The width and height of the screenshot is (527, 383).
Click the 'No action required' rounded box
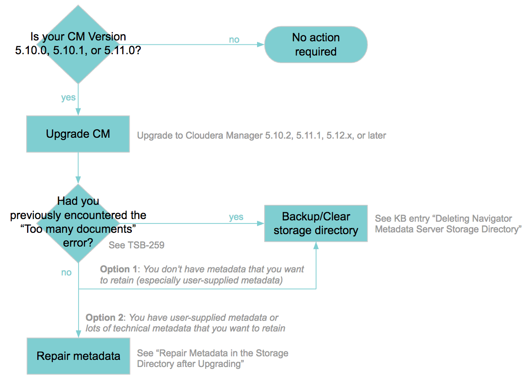(x=316, y=44)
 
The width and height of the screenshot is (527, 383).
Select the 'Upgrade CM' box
(x=78, y=134)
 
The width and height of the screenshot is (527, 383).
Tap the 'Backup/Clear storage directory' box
(x=316, y=223)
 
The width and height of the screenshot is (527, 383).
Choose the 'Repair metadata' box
(x=78, y=356)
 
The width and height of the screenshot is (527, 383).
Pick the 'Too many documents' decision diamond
(x=78, y=222)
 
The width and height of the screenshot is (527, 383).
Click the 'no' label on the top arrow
(x=234, y=40)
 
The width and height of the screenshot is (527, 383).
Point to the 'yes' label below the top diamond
(x=68, y=97)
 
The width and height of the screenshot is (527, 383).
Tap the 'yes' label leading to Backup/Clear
(x=236, y=217)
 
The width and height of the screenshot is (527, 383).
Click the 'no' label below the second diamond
(x=66, y=272)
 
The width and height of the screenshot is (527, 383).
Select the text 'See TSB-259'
(x=136, y=245)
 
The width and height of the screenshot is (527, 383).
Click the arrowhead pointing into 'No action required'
(x=261, y=44)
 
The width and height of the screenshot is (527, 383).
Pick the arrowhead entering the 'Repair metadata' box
(x=78, y=334)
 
